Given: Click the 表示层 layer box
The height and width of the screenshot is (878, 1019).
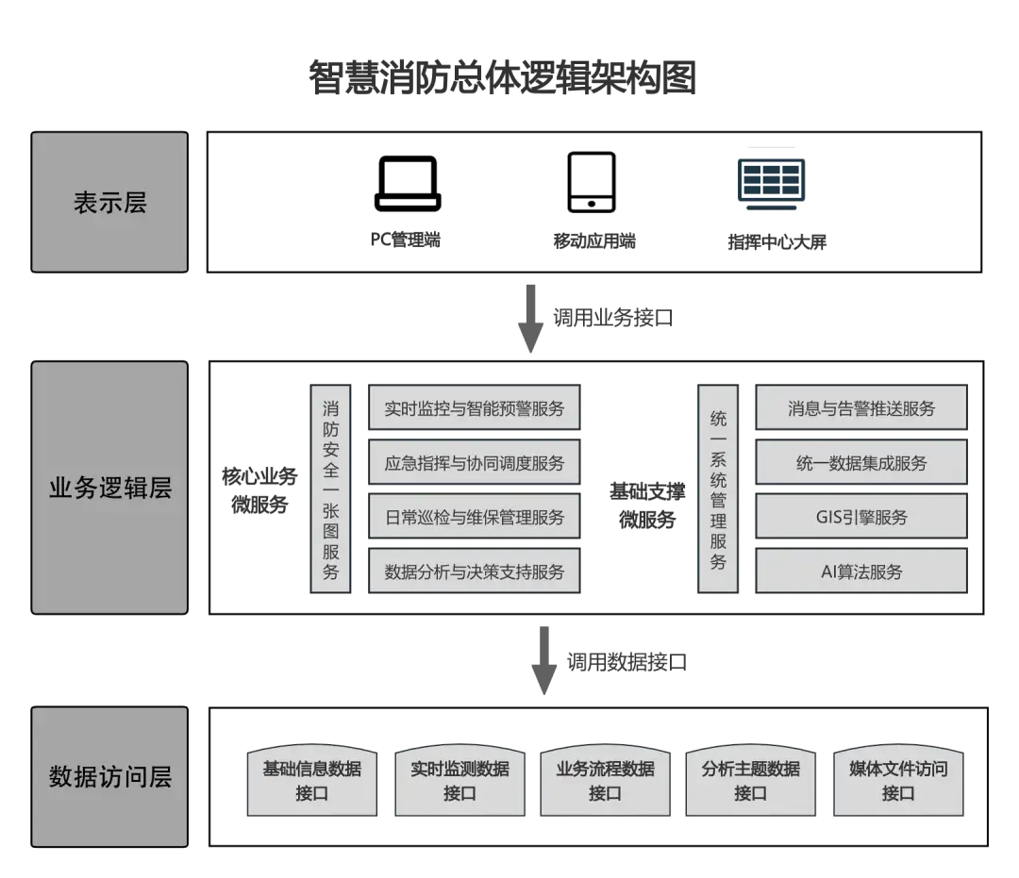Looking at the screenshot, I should pos(109,202).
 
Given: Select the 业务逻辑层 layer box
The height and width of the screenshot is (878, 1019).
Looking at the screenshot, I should pos(109,489).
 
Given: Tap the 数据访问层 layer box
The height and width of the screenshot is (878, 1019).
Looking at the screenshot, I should pos(109,777).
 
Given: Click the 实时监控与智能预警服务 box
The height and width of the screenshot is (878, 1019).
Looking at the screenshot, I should pos(474,408).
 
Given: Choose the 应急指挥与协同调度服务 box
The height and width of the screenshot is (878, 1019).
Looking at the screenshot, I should pos(474,463).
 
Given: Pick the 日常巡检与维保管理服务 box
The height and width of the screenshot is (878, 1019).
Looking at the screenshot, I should pos(474,517).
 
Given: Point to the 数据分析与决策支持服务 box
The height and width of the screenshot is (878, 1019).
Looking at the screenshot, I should pos(474,572).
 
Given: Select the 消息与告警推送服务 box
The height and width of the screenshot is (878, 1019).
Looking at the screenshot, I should pos(860,408).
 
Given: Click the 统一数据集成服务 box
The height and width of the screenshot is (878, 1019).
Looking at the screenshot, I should pos(860,463).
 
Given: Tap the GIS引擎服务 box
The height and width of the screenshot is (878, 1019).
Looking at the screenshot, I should pos(860,517).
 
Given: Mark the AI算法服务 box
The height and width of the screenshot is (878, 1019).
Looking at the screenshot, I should pos(860,572).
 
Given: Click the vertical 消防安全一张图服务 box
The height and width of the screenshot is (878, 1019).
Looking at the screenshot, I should pos(331,489).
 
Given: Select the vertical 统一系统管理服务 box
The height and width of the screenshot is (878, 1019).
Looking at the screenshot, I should pos(718,489).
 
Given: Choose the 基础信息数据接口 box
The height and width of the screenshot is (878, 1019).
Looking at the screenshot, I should pos(311,781).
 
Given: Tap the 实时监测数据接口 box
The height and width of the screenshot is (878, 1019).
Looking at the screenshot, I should pos(459,781).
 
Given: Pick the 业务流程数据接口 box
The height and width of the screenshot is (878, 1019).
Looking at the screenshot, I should pos(605,781).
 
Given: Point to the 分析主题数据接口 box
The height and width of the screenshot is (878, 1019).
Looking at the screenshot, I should pos(750,781).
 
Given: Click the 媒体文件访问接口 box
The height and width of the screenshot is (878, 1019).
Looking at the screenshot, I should pos(897,781).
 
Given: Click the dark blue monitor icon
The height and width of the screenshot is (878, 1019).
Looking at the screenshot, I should pos(771,176).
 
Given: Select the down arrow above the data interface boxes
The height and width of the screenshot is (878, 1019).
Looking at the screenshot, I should pos(543,660).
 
